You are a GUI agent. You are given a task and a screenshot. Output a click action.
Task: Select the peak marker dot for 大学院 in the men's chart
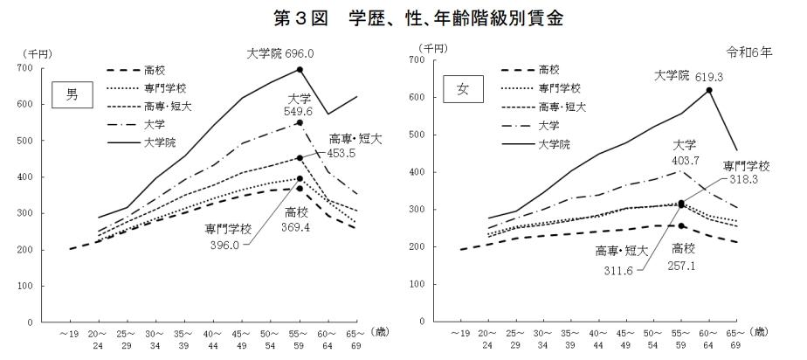(x=300, y=69)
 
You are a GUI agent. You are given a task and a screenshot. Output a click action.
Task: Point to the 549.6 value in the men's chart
(x=300, y=113)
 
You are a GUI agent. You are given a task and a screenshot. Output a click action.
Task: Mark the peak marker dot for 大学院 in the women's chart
(x=709, y=90)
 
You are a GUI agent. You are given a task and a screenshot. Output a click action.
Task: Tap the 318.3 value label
(x=746, y=181)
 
